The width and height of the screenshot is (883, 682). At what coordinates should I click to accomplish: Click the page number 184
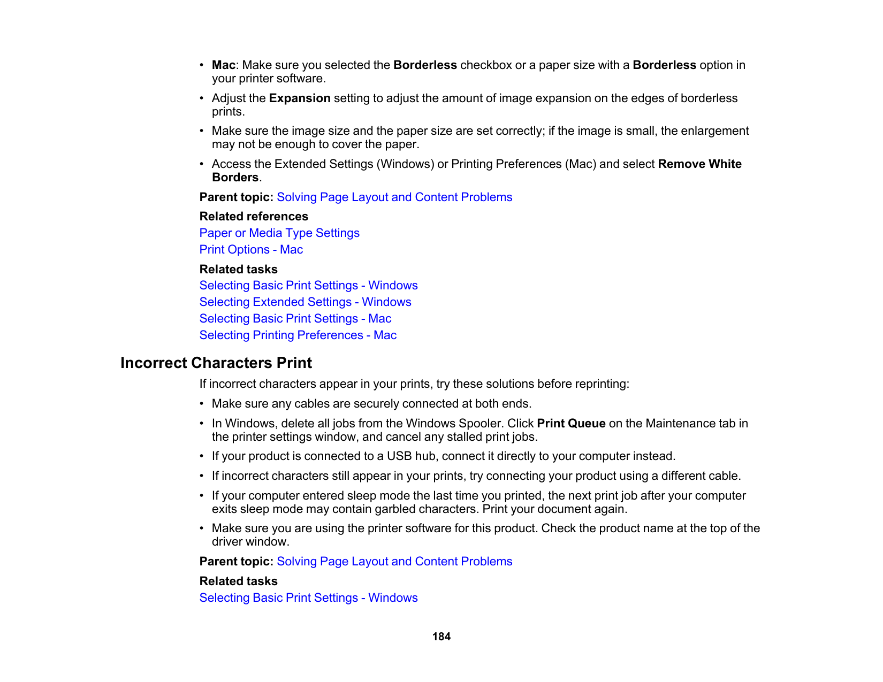441,637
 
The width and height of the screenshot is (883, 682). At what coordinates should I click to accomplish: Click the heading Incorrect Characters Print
216,363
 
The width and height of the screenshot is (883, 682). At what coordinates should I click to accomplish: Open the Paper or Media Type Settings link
279,233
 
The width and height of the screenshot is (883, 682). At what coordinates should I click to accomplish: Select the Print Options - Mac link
251,250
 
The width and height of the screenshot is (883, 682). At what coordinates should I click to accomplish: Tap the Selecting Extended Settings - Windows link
305,302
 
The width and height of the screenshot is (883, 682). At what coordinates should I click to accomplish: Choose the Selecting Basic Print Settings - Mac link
295,319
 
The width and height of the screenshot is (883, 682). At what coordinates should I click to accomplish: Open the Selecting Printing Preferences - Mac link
298,335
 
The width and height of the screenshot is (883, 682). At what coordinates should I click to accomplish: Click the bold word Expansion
300,98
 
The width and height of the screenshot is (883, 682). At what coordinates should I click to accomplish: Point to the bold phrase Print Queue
571,424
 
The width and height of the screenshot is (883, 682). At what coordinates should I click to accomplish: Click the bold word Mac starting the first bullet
224,65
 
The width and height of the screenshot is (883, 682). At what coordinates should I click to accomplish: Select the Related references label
254,217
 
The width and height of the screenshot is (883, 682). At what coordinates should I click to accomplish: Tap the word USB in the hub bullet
399,456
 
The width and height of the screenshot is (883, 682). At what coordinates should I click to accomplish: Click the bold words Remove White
699,164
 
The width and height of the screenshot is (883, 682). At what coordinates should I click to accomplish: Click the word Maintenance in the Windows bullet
677,424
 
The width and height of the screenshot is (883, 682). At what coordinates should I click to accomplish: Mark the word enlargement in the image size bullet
718,131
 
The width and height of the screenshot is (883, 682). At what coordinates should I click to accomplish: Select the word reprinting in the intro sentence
601,384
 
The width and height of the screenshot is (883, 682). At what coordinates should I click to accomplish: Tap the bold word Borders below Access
235,178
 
